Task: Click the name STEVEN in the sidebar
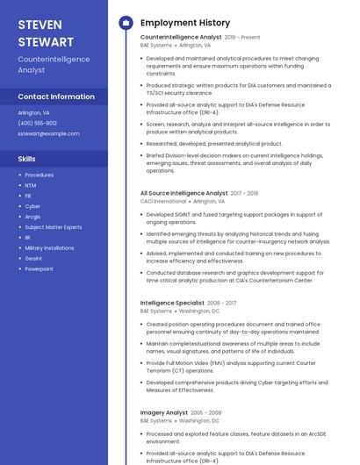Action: (x=40, y=23)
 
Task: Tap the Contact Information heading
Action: (x=56, y=97)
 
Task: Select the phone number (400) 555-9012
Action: (x=38, y=123)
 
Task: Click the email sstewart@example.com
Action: (x=48, y=133)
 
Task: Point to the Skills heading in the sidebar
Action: (x=27, y=159)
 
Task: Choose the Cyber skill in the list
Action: (x=32, y=206)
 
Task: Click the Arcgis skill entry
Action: (x=32, y=217)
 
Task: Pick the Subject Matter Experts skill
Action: (x=53, y=227)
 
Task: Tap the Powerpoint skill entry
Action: (x=39, y=269)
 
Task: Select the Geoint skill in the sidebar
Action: (x=33, y=259)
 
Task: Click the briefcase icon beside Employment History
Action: (x=126, y=23)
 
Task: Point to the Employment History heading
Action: (x=185, y=23)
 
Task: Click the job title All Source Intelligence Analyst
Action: (x=184, y=193)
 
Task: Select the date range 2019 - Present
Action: (x=242, y=38)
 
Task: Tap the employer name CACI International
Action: (x=163, y=201)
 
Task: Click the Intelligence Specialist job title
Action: (x=172, y=303)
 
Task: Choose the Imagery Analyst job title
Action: (x=164, y=412)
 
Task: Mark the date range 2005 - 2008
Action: (x=206, y=412)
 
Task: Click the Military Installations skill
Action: (x=49, y=248)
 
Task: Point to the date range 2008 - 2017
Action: (x=221, y=303)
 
